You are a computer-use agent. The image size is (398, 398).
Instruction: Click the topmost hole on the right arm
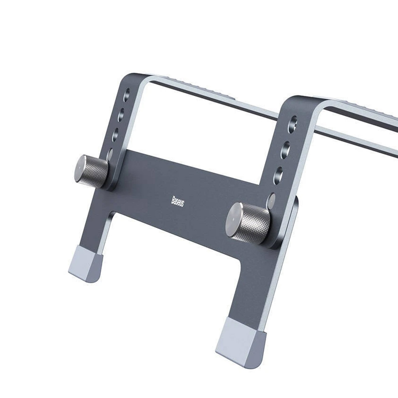(293, 123)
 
